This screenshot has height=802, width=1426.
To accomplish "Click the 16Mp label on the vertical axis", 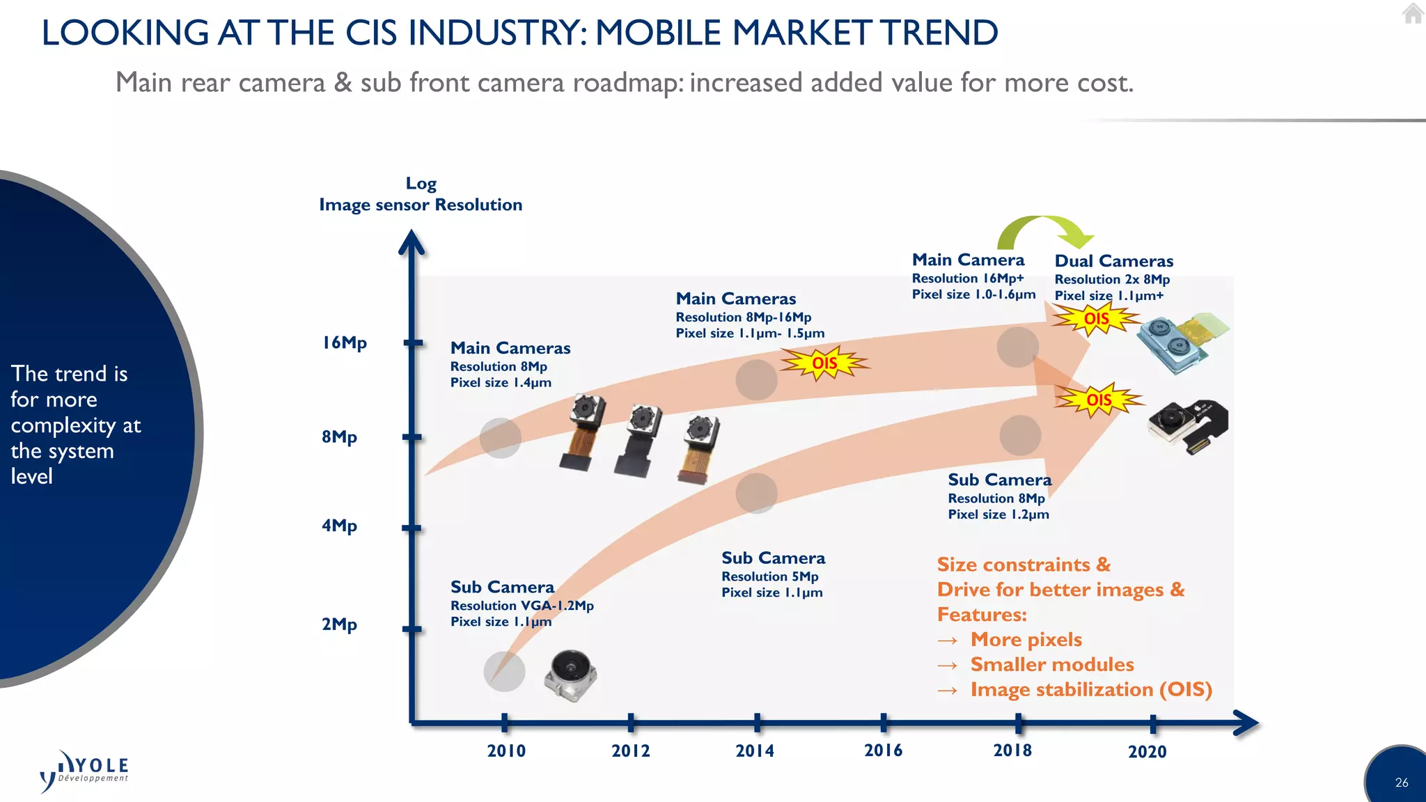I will (x=344, y=343).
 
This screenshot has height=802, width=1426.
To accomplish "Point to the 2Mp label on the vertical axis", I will (x=339, y=624).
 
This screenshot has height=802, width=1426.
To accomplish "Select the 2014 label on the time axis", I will (x=755, y=750).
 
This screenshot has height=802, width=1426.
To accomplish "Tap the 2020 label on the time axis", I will (x=1147, y=751).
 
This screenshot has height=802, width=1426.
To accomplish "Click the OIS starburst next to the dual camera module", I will (x=1096, y=319).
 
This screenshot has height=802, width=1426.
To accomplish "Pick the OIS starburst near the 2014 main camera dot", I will (x=824, y=363).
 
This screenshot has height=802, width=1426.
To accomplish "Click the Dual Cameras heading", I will (x=1113, y=261).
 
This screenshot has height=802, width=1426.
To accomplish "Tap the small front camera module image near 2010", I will (x=570, y=675).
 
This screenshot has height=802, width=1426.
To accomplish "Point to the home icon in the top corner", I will (x=1412, y=14).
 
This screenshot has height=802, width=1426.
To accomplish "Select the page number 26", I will (x=1401, y=783).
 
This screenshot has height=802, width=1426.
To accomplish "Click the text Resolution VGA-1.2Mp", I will (x=522, y=606).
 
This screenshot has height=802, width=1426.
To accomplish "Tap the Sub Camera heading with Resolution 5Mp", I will (x=773, y=558).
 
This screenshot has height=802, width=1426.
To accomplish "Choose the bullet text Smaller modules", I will (x=1051, y=664).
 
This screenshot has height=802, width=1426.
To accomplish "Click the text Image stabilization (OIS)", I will (x=1090, y=689).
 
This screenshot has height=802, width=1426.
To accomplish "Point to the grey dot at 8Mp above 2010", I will (x=500, y=438).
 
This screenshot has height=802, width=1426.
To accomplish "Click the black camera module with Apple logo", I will (x=1188, y=425).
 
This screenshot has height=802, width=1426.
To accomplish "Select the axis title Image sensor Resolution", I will (x=421, y=205).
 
